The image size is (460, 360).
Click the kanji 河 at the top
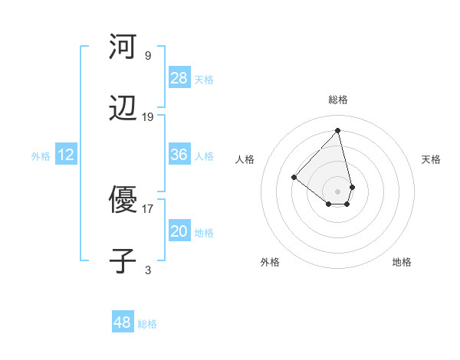coord(123,47)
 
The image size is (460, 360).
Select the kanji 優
coord(123,200)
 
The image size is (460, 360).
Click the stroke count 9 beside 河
coord(147,55)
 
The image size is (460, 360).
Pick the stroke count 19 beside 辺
coord(148,117)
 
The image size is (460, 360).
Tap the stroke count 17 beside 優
coord(148,208)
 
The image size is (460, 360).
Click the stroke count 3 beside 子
coord(148,270)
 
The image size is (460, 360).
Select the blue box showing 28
coord(179,77)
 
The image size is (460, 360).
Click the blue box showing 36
coord(179,155)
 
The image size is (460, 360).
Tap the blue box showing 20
coord(179,231)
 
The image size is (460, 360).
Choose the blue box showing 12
coord(66,155)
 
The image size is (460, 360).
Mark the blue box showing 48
coord(123,322)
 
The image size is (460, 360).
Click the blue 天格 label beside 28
coord(204,79)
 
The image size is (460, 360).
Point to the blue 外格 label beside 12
coord(41,156)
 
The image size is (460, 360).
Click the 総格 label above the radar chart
coord(338,100)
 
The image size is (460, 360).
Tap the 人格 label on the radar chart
coord(245,159)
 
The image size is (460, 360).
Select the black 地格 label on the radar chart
coord(402,262)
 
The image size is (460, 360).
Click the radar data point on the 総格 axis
coord(338,130)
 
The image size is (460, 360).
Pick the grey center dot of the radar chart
coord(338,191)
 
